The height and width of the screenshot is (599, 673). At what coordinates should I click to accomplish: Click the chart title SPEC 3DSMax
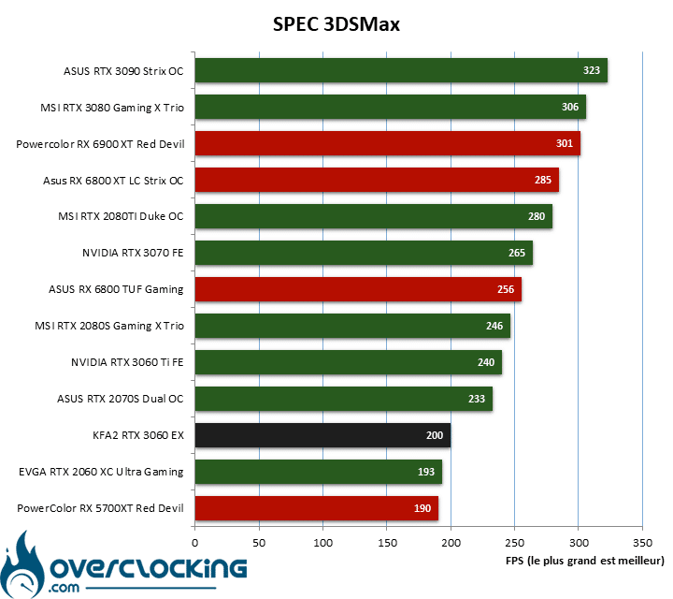[x=336, y=24]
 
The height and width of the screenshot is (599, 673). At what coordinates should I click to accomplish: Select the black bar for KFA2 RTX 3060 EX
[x=322, y=435]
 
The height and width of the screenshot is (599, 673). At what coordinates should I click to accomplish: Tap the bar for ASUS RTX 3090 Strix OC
[x=401, y=70]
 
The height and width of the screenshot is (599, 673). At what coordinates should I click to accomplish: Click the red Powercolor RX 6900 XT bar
[x=388, y=143]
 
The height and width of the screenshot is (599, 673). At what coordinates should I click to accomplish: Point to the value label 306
[x=570, y=107]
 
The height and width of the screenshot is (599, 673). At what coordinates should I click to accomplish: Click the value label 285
[x=543, y=180]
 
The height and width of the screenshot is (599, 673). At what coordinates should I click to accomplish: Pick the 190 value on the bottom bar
[x=422, y=508]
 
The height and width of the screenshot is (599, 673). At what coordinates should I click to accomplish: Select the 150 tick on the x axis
[x=387, y=543]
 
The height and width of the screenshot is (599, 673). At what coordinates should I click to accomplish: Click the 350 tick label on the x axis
[x=642, y=543]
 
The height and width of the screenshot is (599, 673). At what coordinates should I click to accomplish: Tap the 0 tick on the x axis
[x=194, y=543]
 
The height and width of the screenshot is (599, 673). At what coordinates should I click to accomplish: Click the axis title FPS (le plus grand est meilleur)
[x=584, y=561]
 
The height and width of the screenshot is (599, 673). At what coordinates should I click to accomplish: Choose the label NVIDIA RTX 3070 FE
[x=133, y=253]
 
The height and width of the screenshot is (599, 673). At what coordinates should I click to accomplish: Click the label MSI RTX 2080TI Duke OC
[x=121, y=216]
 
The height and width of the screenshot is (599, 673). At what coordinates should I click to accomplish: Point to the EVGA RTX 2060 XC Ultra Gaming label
[x=101, y=472]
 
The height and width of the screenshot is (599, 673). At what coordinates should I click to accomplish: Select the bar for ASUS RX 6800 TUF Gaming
[x=358, y=289]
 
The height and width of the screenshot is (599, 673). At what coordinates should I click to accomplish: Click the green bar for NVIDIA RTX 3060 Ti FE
[x=349, y=362]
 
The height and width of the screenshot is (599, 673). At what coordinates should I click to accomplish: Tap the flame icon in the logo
[x=21, y=565]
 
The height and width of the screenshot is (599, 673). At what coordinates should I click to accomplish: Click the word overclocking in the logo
[x=149, y=568]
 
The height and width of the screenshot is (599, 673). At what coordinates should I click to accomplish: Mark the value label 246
[x=494, y=326]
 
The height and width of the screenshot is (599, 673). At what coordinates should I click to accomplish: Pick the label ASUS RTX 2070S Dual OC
[x=121, y=399]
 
